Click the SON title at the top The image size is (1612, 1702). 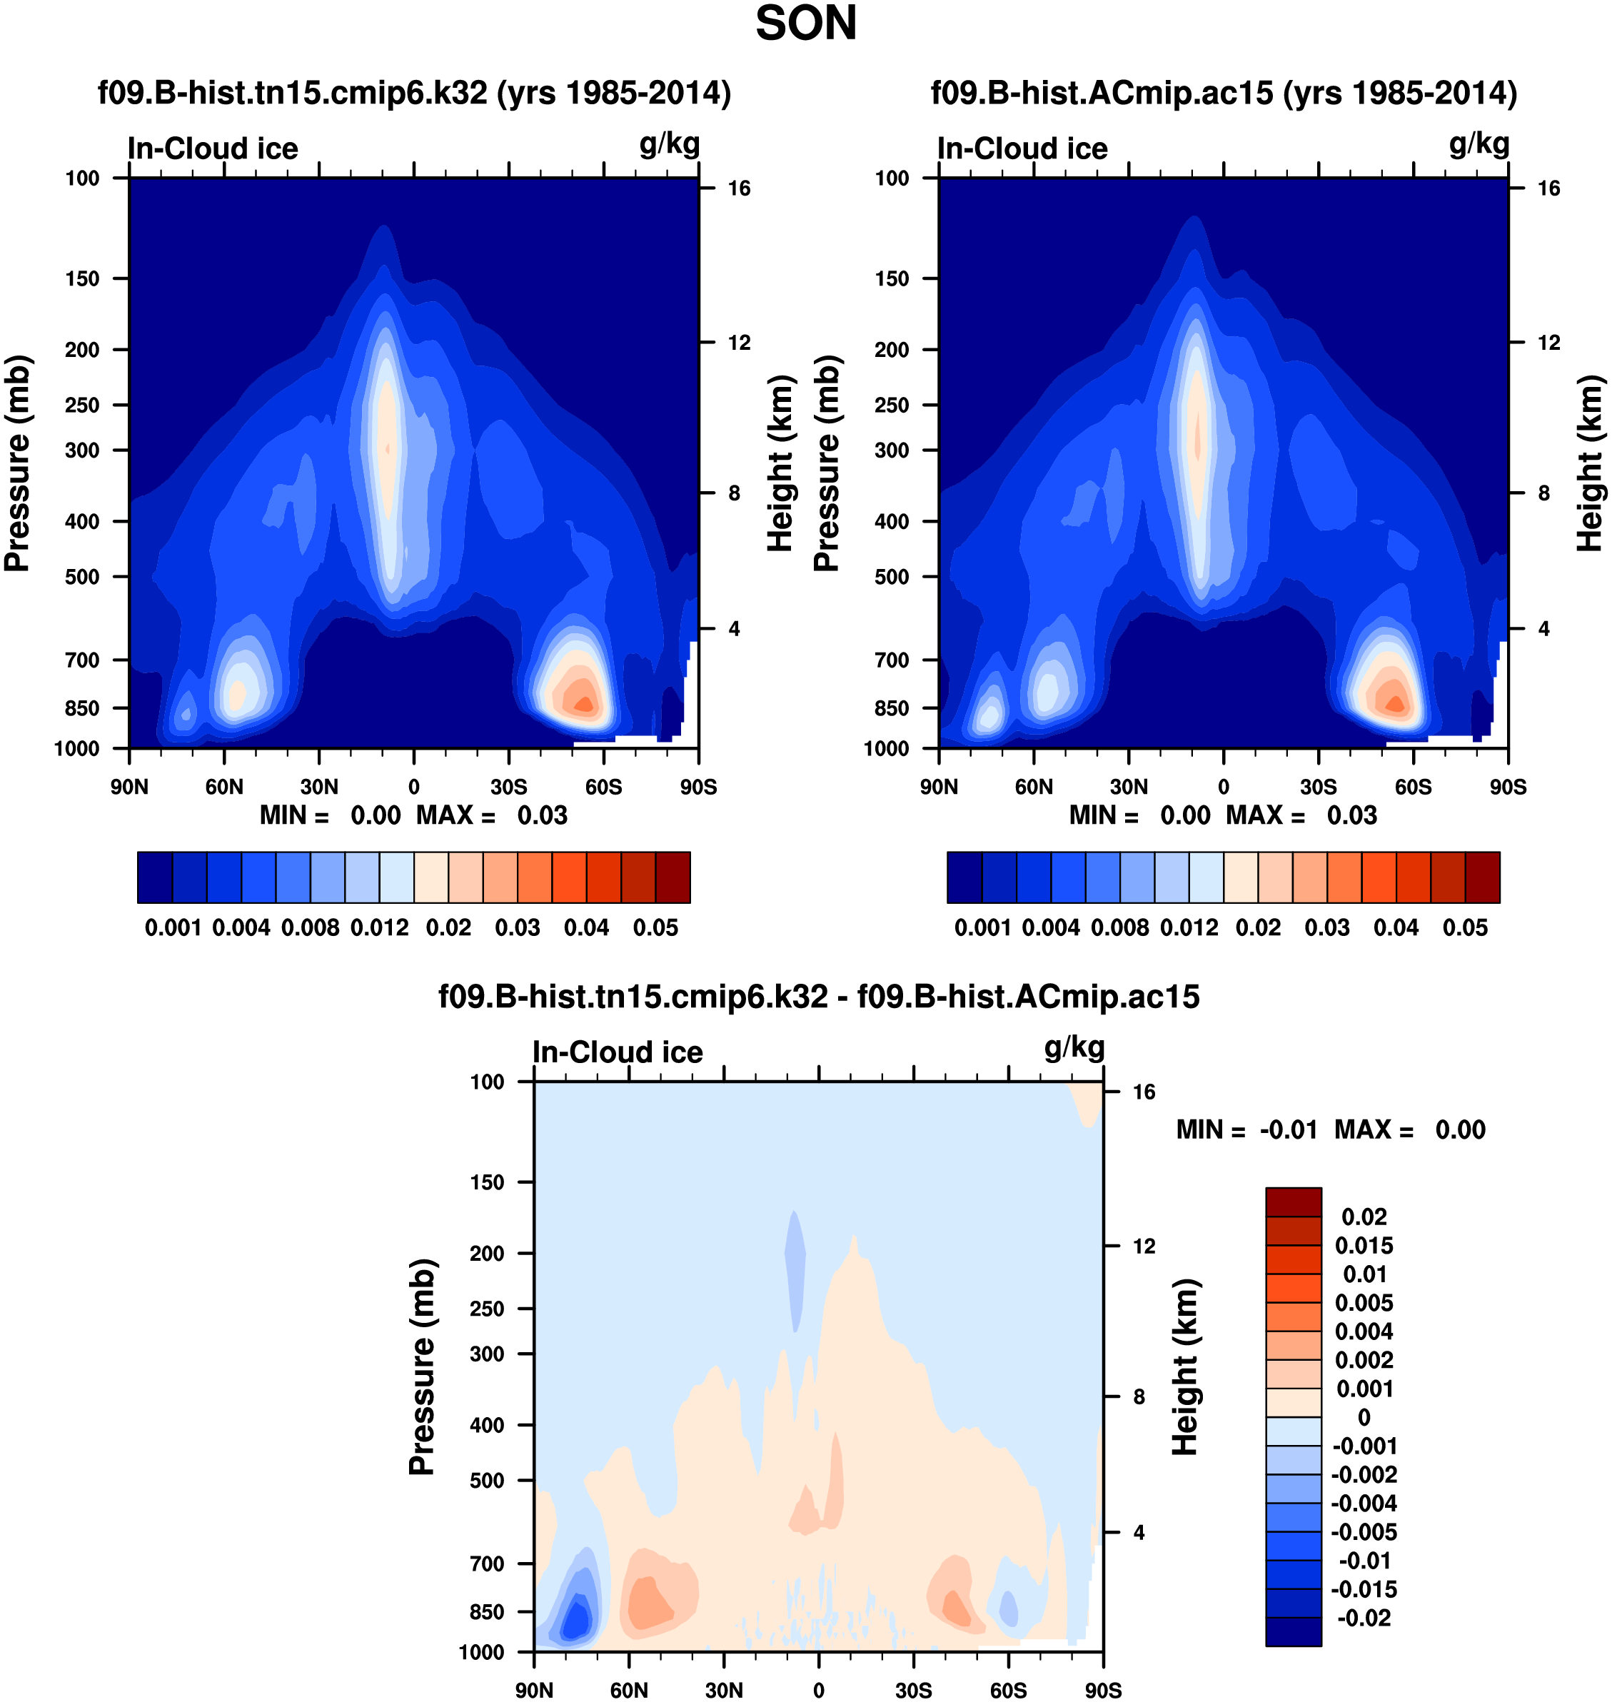805,23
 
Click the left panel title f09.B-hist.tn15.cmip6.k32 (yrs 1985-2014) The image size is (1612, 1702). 414,92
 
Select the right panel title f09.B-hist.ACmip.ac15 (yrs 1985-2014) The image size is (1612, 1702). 1224,92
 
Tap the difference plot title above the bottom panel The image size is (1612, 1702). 818,996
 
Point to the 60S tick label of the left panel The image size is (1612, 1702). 603,786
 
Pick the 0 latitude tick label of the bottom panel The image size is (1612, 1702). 818,1690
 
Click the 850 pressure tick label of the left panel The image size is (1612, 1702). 83,708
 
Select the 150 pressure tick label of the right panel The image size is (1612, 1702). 892,278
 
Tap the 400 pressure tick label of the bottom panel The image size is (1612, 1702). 486,1424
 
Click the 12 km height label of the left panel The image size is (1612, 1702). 739,343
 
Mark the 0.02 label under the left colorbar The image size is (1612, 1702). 448,928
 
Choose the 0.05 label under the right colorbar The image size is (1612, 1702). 1465,928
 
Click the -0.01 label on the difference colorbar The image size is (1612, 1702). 1366,1560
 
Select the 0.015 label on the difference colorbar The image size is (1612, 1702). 1364,1245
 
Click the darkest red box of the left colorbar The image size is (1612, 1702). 672,877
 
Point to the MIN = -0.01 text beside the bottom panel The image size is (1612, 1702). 1246,1130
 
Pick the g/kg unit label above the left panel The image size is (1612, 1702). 670,144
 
